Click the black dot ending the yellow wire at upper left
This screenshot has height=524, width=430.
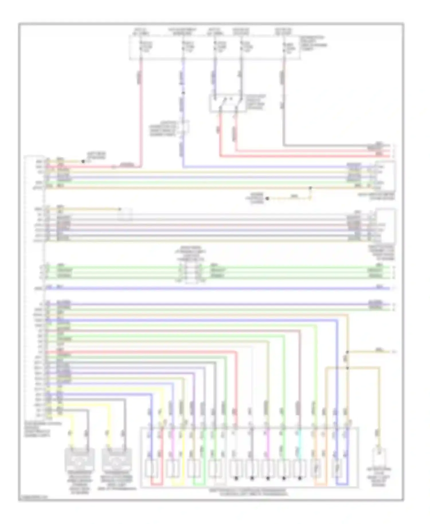[83, 162]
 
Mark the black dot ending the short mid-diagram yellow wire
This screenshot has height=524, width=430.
[267, 198]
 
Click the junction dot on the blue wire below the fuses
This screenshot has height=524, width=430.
[183, 93]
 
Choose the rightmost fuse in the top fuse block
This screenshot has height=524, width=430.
[284, 47]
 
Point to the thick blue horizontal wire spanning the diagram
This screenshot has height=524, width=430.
[218, 288]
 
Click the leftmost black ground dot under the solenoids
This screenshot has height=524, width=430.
[236, 478]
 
